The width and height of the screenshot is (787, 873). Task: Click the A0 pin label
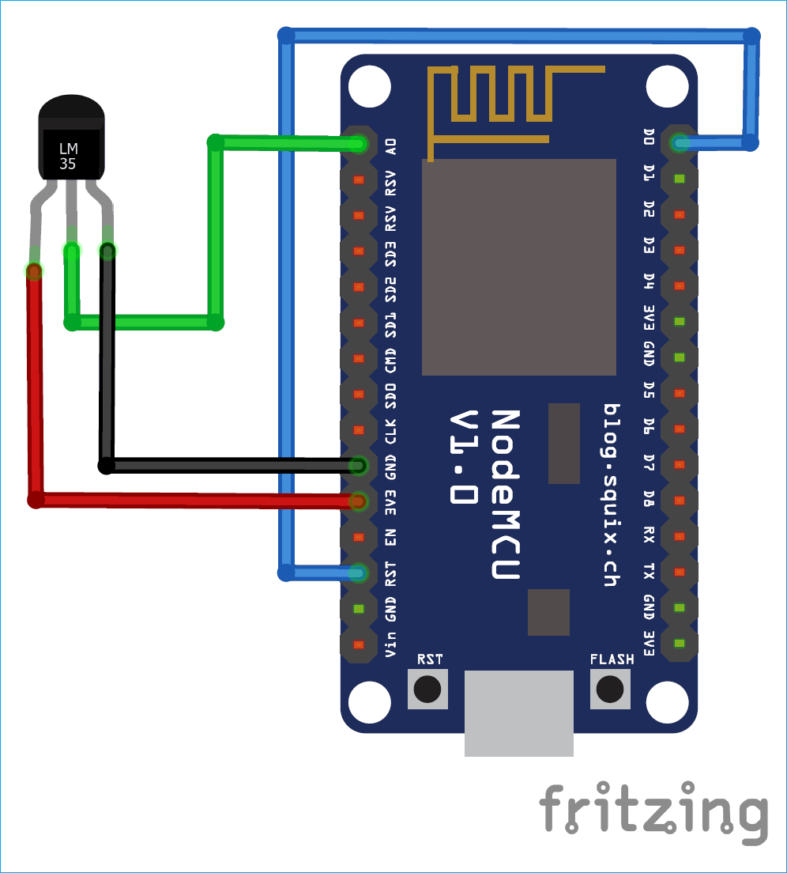tap(390, 145)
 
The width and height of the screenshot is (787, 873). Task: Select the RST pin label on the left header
tap(390, 572)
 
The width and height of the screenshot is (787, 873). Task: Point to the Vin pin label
tap(390, 644)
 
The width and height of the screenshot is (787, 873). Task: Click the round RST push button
tap(427, 689)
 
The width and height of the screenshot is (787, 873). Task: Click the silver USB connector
tap(518, 712)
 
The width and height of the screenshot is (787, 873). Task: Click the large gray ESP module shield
tap(518, 266)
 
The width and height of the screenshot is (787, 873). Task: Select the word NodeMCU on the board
tap(506, 494)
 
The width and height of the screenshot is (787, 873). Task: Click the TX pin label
tap(649, 571)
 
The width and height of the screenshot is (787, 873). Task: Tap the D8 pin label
tap(649, 499)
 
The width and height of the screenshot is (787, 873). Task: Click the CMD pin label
tap(390, 357)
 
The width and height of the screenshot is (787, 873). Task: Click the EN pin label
tap(390, 538)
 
